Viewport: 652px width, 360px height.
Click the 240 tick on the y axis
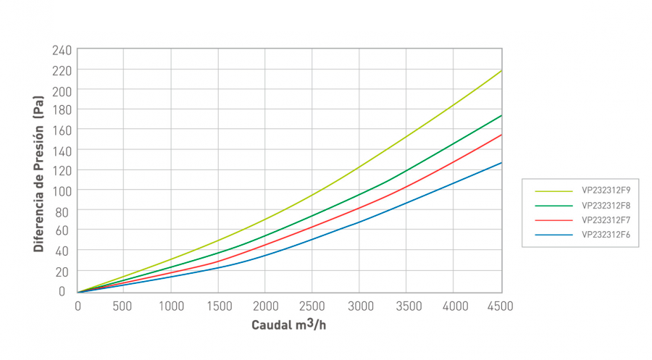click(x=62, y=50)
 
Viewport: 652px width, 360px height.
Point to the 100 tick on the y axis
click(x=62, y=191)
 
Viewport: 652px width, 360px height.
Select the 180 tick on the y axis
click(x=62, y=110)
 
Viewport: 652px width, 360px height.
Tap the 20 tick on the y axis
click(x=64, y=271)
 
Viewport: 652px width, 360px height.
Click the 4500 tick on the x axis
click(x=499, y=306)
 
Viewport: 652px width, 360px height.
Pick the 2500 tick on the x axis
click(x=312, y=306)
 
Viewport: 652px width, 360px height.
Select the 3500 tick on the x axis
click(x=406, y=306)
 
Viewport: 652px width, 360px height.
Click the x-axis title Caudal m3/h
click(x=289, y=325)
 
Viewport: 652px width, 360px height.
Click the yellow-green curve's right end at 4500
click(x=501, y=71)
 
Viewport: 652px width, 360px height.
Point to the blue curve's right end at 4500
click(x=501, y=162)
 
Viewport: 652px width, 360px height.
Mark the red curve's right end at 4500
click(x=501, y=135)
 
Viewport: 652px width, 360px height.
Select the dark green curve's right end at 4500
click(x=501, y=116)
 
